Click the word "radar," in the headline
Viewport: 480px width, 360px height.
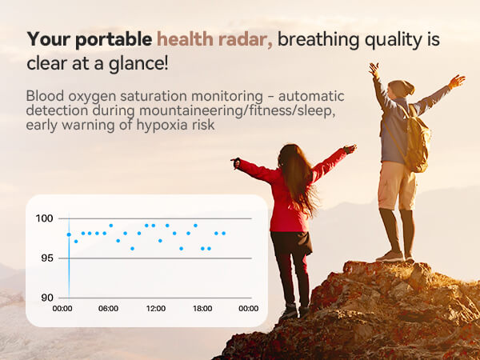pyautogui.click(x=248, y=38)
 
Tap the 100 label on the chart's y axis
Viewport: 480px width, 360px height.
pyautogui.click(x=44, y=218)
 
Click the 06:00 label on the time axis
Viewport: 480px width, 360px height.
pyautogui.click(x=109, y=309)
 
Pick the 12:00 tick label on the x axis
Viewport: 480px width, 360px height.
pyautogui.click(x=156, y=309)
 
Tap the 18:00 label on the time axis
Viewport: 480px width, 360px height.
pyautogui.click(x=202, y=309)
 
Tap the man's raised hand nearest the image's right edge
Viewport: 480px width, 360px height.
pyautogui.click(x=457, y=81)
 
